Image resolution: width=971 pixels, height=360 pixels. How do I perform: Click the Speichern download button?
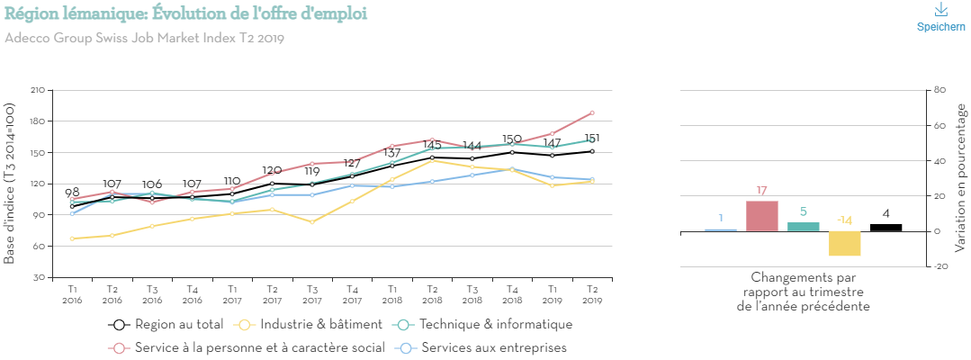click(940, 17)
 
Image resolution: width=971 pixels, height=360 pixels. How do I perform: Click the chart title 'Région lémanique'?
click(185, 15)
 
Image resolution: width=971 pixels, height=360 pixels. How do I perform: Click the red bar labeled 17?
click(761, 216)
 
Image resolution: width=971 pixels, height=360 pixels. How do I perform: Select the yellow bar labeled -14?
click(844, 243)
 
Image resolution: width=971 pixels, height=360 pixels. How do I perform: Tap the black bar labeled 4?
click(886, 228)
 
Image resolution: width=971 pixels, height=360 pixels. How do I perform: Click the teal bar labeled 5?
click(803, 227)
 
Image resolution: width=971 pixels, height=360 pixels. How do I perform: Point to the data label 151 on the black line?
click(591, 139)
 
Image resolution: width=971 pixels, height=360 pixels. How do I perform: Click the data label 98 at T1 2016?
click(72, 193)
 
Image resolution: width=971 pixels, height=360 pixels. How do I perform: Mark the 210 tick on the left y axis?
click(37, 90)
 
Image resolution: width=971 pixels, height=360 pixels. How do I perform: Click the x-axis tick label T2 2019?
click(591, 294)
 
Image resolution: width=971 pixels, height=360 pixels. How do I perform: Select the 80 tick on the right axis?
click(940, 90)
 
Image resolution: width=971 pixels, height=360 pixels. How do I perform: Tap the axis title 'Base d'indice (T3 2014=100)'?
click(10, 183)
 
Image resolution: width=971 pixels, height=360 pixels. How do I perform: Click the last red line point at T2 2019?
click(591, 112)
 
